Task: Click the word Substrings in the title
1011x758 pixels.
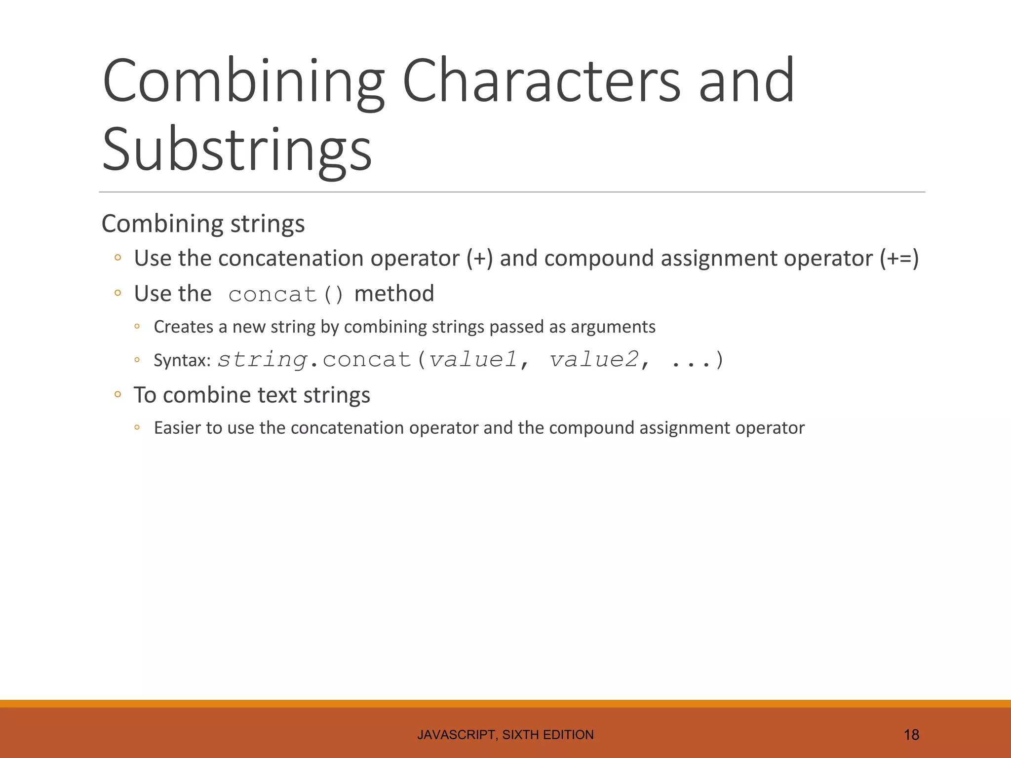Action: (x=237, y=149)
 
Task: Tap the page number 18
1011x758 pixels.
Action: (x=911, y=735)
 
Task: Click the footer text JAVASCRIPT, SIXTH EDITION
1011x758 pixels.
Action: (x=505, y=735)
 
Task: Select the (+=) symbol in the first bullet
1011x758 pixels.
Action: (x=899, y=259)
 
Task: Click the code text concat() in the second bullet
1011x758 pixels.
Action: (x=285, y=295)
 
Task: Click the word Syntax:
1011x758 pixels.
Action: (x=182, y=360)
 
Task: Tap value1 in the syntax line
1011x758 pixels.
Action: (x=473, y=359)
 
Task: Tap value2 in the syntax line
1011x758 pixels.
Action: (x=594, y=359)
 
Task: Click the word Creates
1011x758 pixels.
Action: (x=183, y=327)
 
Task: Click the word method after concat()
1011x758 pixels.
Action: (x=394, y=294)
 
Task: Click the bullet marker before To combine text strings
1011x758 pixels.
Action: (x=117, y=394)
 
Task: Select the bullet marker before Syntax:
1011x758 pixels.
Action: (x=137, y=360)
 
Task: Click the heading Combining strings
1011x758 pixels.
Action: (x=203, y=224)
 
